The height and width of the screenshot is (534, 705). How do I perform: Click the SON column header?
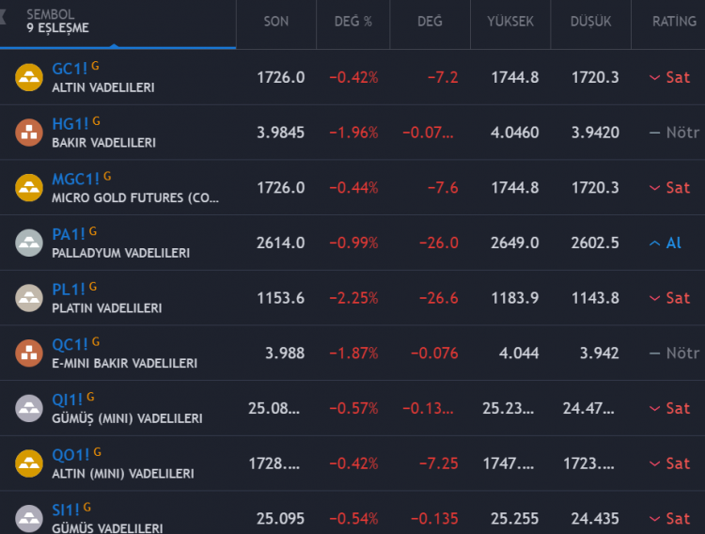coord(276,22)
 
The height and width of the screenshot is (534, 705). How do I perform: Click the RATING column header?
coord(674,22)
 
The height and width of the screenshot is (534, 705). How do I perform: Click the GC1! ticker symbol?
coord(70,70)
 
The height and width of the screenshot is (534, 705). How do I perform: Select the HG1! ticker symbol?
coord(70,124)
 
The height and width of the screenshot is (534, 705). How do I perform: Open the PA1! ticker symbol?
coord(69,234)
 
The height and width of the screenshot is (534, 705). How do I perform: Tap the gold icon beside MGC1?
coord(29,187)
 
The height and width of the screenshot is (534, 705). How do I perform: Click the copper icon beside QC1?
coord(29,353)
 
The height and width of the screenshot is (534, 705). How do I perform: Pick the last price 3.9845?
coord(280,133)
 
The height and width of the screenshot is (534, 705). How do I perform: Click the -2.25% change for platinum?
coord(353,298)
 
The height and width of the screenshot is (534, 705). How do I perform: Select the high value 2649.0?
coord(514,243)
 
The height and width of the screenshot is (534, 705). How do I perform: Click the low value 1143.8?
coord(594,298)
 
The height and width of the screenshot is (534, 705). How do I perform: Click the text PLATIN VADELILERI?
coord(106,308)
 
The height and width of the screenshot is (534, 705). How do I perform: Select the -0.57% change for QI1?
coord(353,408)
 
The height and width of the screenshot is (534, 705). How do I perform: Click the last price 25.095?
coord(280,518)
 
